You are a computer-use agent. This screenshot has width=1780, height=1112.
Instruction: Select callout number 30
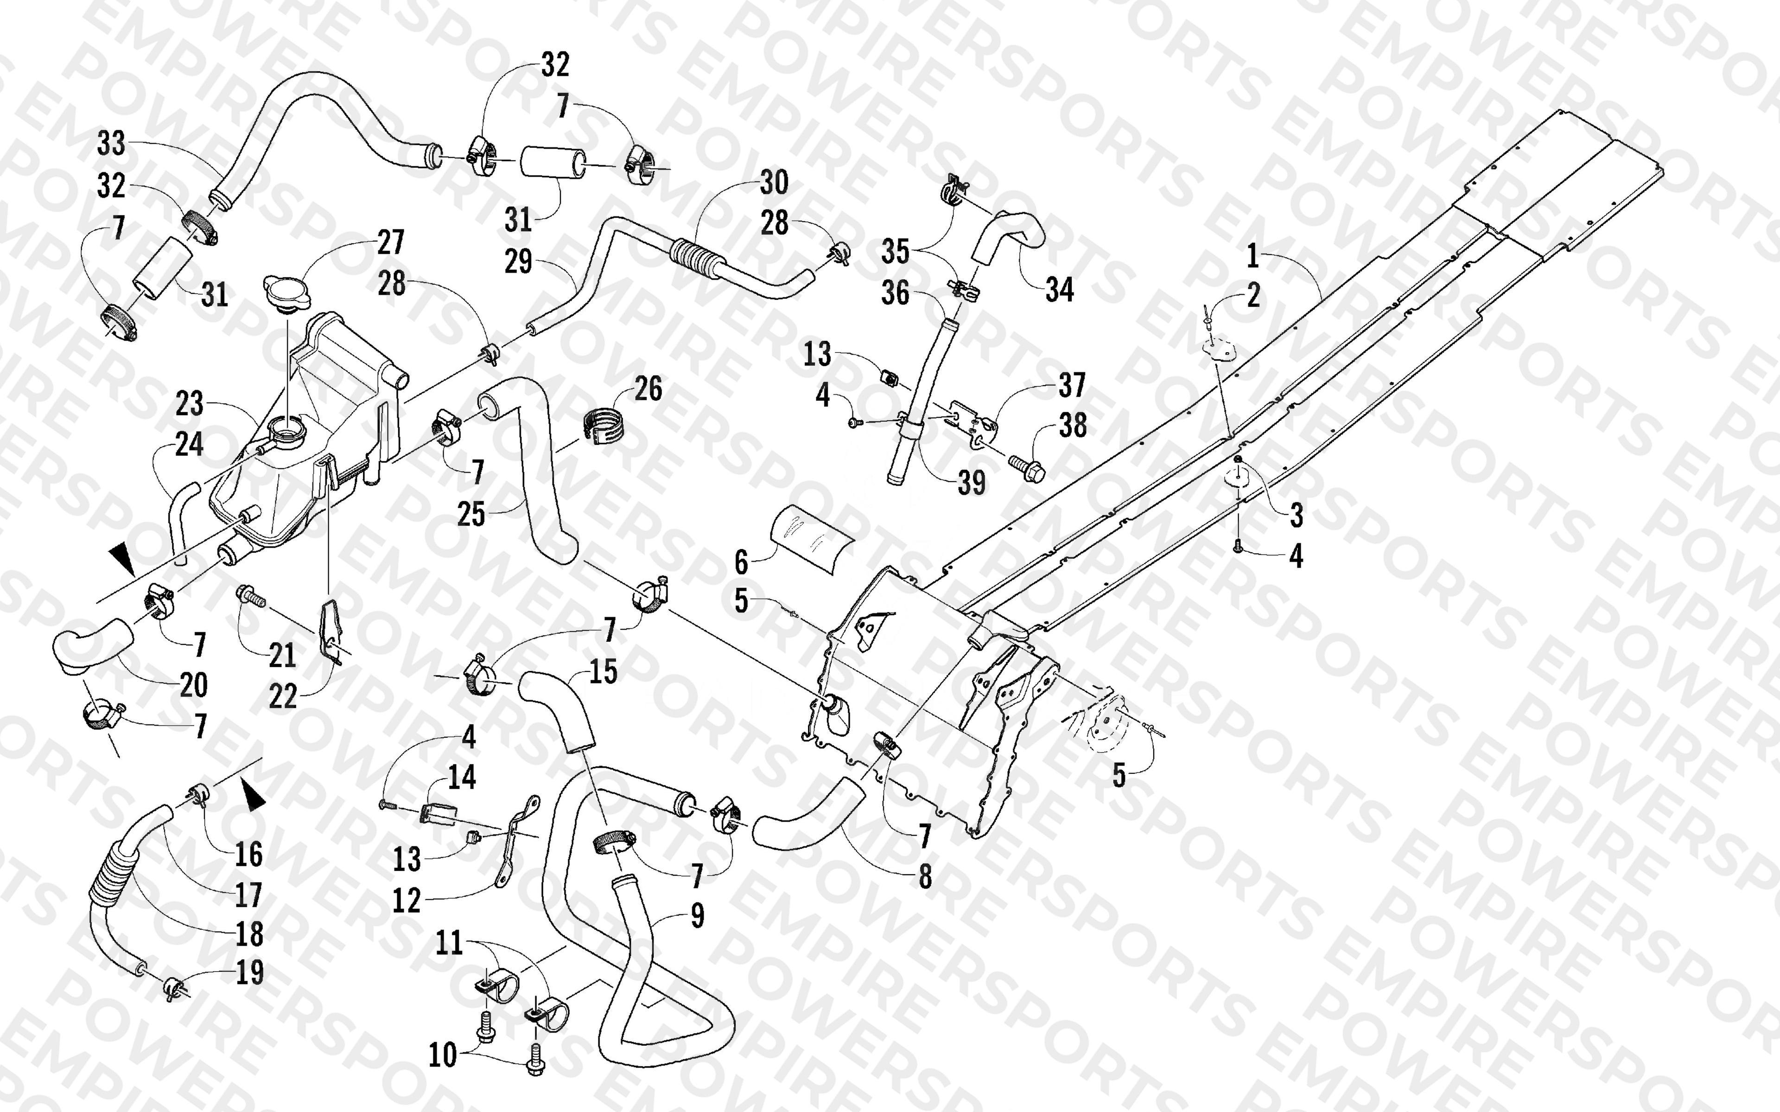pos(774,183)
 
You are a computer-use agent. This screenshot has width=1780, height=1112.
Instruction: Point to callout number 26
pos(648,388)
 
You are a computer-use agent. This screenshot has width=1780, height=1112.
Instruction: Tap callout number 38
pos(1073,425)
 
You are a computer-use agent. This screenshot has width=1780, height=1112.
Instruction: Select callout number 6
pos(741,562)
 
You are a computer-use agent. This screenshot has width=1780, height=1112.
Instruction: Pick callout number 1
pos(1252,257)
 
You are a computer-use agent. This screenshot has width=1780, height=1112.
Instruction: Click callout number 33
pos(111,144)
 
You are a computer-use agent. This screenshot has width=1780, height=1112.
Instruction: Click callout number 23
pos(189,403)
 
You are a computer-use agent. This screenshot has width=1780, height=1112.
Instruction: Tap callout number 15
pos(603,671)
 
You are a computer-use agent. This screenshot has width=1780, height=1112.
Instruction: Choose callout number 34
pos(1059,290)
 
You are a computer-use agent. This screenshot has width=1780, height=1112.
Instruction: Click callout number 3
pos(1296,515)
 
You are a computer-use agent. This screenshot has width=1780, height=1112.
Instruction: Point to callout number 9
pos(697,916)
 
